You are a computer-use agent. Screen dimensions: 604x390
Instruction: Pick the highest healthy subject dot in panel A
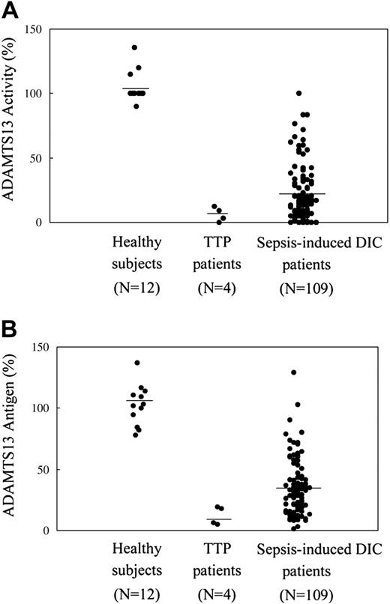[135, 48]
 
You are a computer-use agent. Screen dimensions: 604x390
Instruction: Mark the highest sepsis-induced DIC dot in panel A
[298, 94]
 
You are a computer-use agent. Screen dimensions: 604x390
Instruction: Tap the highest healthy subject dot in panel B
[137, 363]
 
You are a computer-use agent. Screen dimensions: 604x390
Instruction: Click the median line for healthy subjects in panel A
[136, 88]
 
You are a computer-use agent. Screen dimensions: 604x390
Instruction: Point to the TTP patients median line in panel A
[217, 214]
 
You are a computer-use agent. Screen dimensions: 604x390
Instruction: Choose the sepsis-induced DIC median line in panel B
[298, 488]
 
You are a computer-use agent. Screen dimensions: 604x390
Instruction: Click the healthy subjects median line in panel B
[139, 401]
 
